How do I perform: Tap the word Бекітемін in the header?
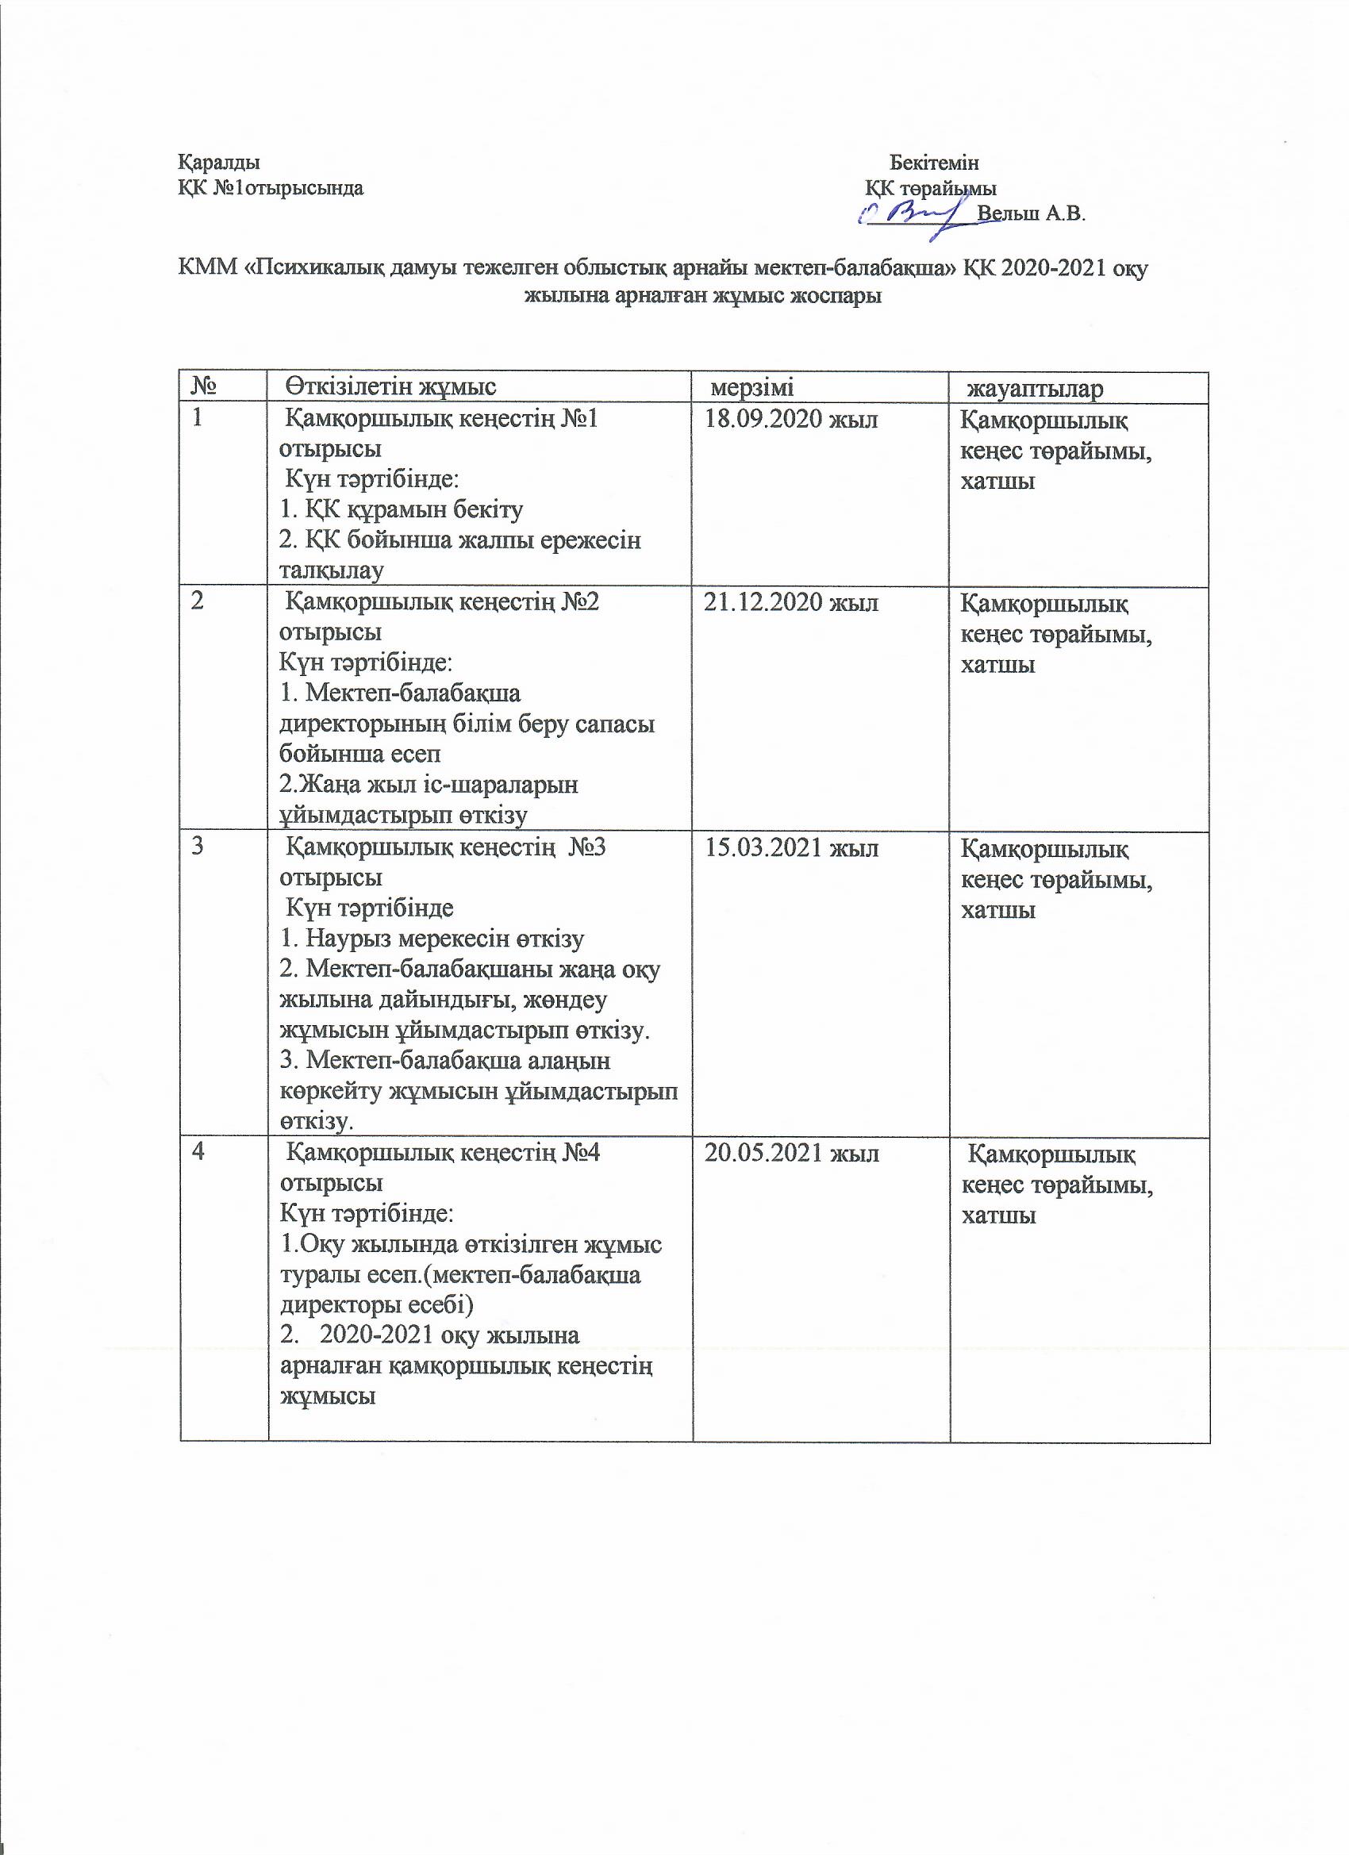(934, 162)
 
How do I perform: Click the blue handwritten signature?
(916, 213)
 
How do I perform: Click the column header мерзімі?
(751, 387)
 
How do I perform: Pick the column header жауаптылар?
(1035, 389)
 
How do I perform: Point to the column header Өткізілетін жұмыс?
(392, 387)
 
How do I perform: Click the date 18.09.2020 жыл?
(791, 421)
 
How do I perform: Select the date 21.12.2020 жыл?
(791, 604)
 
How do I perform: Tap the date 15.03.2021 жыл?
(791, 848)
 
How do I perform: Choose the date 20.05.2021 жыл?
(791, 1154)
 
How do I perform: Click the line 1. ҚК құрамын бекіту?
(402, 509)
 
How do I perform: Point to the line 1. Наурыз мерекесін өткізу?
(432, 939)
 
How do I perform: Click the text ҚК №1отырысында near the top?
(271, 188)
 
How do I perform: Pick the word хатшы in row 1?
(998, 481)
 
